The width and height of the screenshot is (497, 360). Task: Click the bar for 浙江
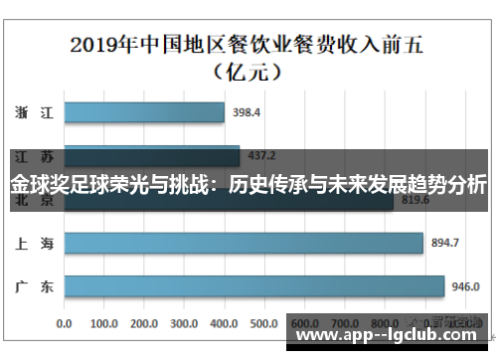click(143, 112)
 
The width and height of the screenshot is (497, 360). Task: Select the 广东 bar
click(253, 286)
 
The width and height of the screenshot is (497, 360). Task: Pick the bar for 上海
click(243, 243)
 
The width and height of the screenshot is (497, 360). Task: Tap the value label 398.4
click(247, 112)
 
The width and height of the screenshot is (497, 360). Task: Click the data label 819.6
click(414, 200)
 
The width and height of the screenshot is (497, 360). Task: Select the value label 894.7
click(444, 243)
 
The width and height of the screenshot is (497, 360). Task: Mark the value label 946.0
click(466, 286)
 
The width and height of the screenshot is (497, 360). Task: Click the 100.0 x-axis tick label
click(104, 323)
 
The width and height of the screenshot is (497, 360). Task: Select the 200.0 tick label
click(145, 323)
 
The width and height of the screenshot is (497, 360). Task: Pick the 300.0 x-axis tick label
click(186, 323)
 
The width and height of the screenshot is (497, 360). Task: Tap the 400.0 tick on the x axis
click(227, 323)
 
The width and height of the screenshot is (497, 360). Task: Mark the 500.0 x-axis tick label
click(266, 323)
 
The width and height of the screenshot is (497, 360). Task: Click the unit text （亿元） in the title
click(248, 72)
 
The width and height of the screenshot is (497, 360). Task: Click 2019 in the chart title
click(96, 45)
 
